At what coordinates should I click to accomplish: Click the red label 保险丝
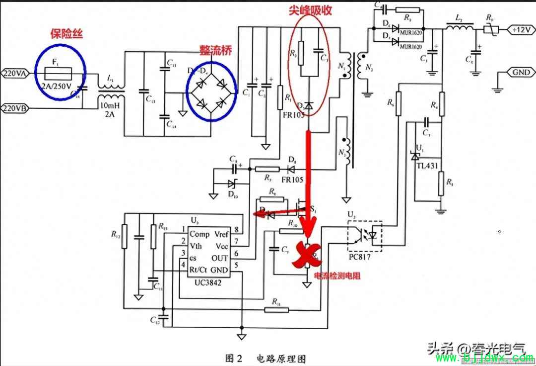(x=67, y=34)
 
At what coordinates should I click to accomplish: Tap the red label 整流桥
(x=215, y=51)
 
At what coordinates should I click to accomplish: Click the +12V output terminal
(x=521, y=30)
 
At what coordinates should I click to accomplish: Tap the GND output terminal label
(x=521, y=73)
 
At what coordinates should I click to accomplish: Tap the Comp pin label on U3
(x=200, y=234)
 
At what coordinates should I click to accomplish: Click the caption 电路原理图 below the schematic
(x=281, y=358)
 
